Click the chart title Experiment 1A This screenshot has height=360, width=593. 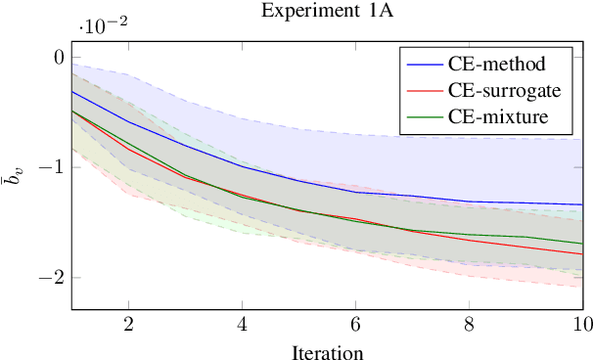coord(327,11)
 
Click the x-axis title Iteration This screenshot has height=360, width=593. coord(327,350)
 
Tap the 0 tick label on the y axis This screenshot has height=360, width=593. coord(58,58)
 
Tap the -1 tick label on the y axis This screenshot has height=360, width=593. coord(51,167)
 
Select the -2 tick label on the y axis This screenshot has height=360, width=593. coord(51,277)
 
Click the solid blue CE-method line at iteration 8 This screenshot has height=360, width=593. coord(469,202)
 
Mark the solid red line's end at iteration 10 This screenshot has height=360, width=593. coord(581,254)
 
